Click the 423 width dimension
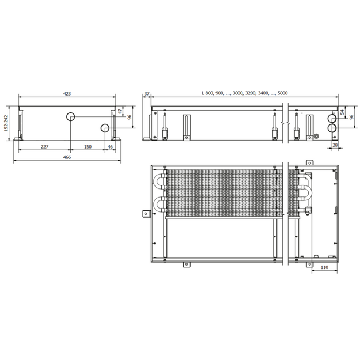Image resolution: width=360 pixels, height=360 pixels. point(67,94)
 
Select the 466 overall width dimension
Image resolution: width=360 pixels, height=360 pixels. point(67,157)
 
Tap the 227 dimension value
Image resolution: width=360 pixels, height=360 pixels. point(44,146)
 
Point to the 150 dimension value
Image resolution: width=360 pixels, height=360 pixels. point(88,146)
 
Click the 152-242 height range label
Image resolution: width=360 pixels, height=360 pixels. point(6,123)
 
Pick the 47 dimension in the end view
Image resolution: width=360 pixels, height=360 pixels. point(120,112)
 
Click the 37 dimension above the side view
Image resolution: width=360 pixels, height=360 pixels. point(147,94)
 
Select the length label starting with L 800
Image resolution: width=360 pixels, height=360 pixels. point(245,93)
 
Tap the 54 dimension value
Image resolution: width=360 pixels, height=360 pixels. point(342,112)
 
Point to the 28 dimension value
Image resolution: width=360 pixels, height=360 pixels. point(335,145)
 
